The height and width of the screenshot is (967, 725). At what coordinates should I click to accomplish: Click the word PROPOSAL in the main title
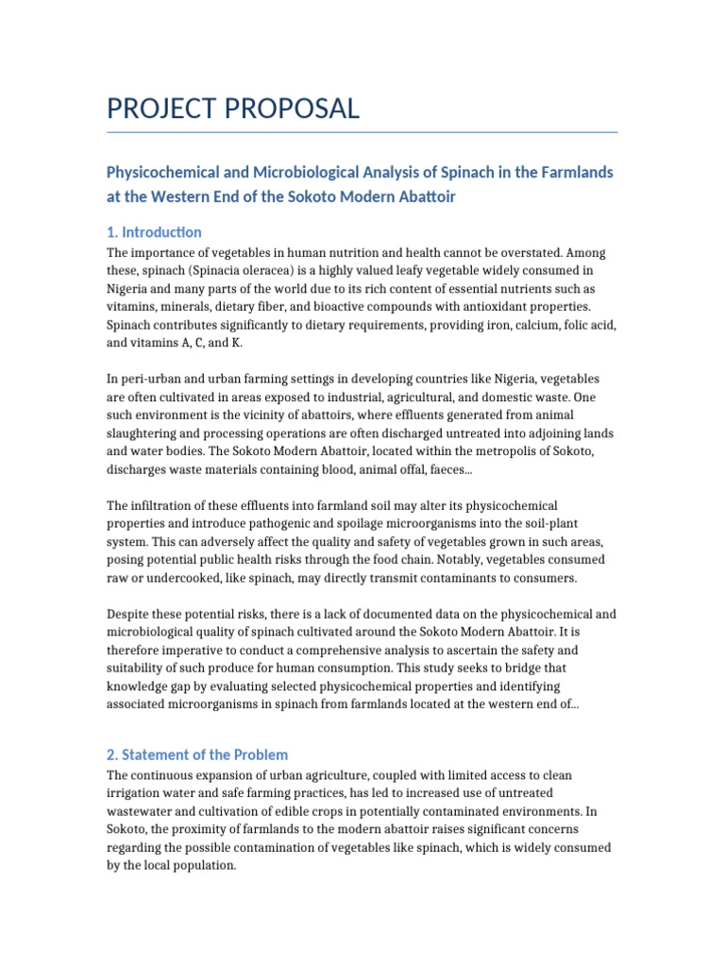coord(292,109)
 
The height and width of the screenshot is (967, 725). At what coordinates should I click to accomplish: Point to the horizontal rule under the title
coord(362,132)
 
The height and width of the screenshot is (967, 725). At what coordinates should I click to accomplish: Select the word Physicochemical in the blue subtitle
coord(166,172)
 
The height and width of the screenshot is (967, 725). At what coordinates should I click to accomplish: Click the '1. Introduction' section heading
coord(154,232)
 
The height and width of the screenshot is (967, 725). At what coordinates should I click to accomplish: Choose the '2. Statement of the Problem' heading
coord(197,755)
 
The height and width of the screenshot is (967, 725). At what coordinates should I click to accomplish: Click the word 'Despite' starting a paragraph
coord(127,614)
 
